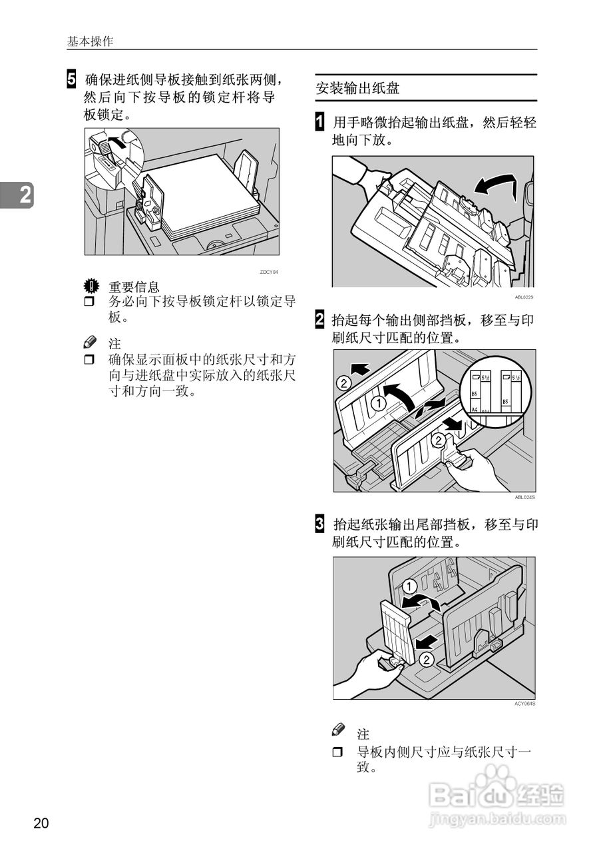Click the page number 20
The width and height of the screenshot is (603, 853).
tap(41, 823)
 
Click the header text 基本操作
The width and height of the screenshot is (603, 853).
tap(91, 41)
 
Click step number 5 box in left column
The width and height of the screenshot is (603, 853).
tap(71, 80)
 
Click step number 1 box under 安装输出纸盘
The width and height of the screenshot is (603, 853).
tap(320, 123)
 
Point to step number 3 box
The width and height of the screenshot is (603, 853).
tap(320, 524)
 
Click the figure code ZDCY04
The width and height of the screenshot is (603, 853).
tap(268, 272)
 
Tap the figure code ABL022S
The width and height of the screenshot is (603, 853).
tap(524, 298)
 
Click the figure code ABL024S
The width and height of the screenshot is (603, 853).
tap(524, 497)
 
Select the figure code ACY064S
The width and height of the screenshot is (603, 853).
tap(524, 704)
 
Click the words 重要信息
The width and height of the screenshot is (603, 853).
tap(134, 287)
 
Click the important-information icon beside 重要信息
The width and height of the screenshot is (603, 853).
tap(91, 287)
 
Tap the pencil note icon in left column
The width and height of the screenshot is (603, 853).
tap(91, 342)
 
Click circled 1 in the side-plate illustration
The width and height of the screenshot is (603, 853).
tap(379, 403)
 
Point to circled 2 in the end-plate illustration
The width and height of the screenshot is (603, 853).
tap(426, 660)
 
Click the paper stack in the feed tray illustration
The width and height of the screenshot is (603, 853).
tap(206, 193)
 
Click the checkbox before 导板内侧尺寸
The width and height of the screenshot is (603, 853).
tap(337, 752)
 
